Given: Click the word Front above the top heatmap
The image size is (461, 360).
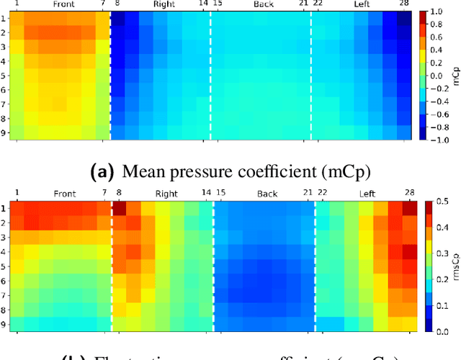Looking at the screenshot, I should coord(63,5).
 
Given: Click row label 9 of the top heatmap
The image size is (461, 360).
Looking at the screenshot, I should coord(4,133).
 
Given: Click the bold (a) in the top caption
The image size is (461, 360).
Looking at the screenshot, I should coord(99,171).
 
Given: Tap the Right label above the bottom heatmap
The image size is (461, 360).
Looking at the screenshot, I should coord(166,194).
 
